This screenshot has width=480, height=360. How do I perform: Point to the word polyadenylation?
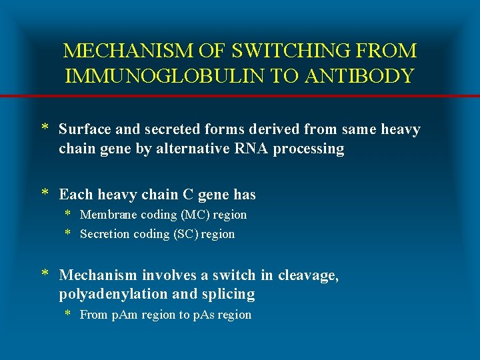tap(117, 295)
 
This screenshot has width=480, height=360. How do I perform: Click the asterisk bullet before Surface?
tap(45, 129)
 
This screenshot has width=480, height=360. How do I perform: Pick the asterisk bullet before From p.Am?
tap(67, 314)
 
